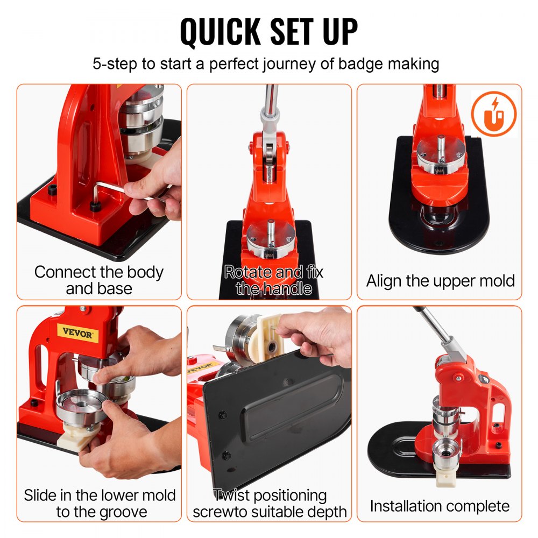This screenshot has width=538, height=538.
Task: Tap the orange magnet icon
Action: click(493, 114)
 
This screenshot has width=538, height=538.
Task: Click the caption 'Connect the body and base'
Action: click(98, 280)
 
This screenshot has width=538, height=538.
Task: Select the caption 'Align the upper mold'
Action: click(440, 280)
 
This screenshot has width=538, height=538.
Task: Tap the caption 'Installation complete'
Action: click(440, 505)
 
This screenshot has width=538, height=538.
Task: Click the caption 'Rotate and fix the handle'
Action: click(273, 280)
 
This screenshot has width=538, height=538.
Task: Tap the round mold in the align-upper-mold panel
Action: click(440, 153)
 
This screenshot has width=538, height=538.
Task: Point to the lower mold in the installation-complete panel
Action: click(448, 452)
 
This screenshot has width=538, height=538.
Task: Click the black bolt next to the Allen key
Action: click(95, 207)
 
